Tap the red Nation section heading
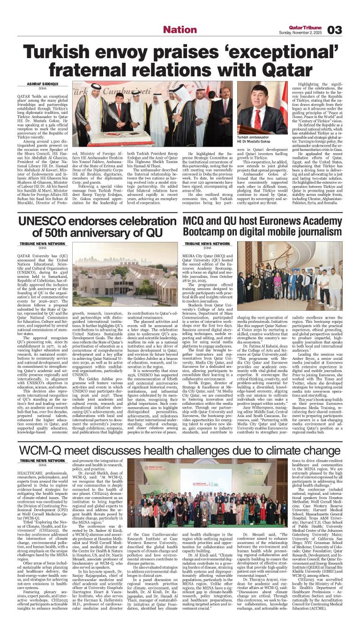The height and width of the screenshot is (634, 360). pos(180,30)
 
